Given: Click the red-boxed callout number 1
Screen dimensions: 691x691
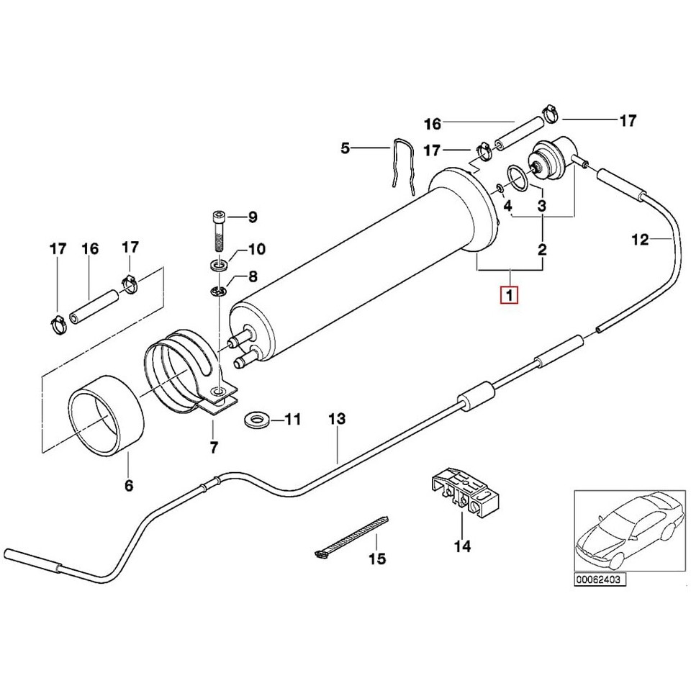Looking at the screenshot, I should point(510,295).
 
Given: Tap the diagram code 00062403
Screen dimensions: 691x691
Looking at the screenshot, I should point(600,579).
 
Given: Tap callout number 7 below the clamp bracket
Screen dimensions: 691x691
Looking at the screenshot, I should point(214,448).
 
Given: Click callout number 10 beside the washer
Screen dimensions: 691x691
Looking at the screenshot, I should point(256,250).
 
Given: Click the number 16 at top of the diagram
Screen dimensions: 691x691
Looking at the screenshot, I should point(432,124).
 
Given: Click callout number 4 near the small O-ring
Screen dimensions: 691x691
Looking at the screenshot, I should point(507,206).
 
